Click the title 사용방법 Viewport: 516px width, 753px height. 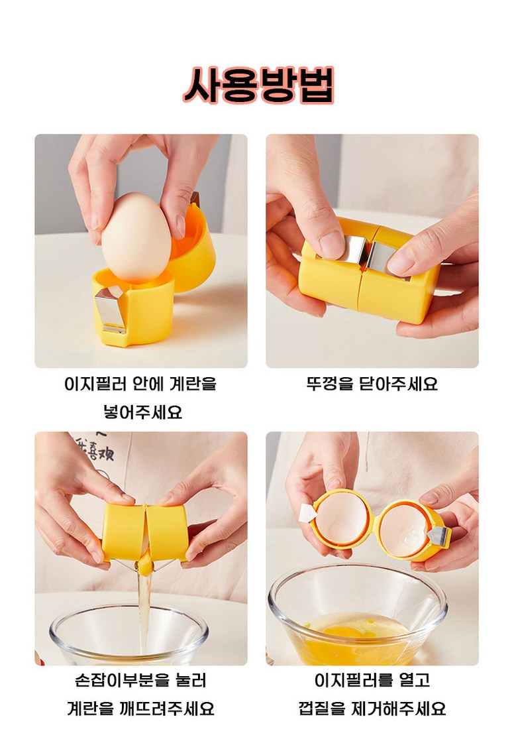pyautogui.click(x=258, y=86)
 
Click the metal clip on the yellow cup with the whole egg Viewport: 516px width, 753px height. pyautogui.click(x=111, y=309)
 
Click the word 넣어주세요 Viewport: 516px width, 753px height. pyautogui.click(x=142, y=412)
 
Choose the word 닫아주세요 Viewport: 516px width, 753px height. pyautogui.click(x=398, y=384)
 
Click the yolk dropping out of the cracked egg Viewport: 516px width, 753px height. pyautogui.click(x=144, y=567)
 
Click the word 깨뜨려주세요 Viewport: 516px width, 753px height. pyautogui.click(x=166, y=709)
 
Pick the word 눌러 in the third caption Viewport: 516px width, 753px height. pyautogui.click(x=191, y=680)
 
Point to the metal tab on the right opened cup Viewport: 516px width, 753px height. pyautogui.click(x=439, y=534)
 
